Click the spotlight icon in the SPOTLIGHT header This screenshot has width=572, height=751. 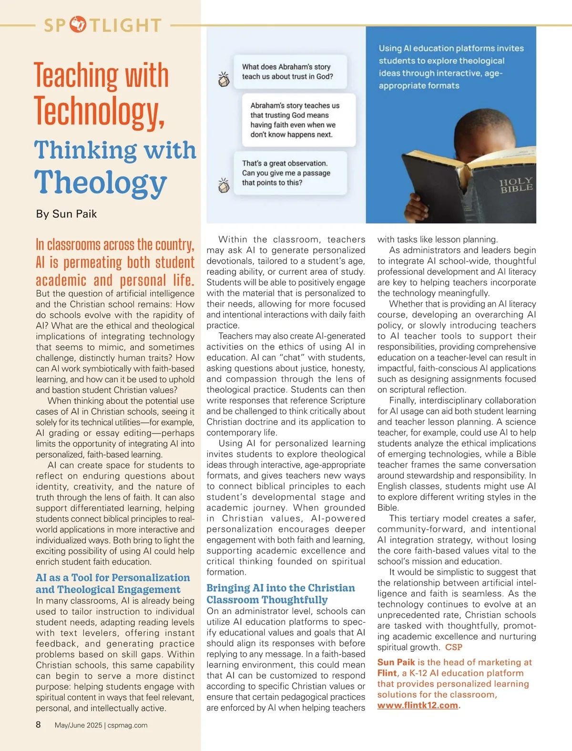(x=78, y=24)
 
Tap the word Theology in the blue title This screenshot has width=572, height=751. (x=101, y=183)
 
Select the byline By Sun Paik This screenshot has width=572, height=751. (x=66, y=214)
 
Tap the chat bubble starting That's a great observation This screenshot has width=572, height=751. (x=290, y=173)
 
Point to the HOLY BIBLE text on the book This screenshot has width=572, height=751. (x=516, y=185)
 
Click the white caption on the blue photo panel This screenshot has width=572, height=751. (x=450, y=67)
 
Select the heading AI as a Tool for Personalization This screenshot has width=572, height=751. (x=112, y=584)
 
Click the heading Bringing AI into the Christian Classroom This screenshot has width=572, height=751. (x=280, y=594)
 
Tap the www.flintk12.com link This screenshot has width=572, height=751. (x=418, y=705)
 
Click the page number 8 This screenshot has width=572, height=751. (x=39, y=725)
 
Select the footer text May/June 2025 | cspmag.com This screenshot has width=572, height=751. (x=101, y=725)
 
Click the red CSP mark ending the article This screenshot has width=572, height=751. (x=454, y=647)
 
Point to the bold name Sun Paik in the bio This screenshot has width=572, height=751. (x=396, y=662)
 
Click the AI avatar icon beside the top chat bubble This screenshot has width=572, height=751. (x=224, y=79)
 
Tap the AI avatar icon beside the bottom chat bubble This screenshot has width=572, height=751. (x=224, y=185)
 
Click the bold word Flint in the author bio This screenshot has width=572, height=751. (x=387, y=673)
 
